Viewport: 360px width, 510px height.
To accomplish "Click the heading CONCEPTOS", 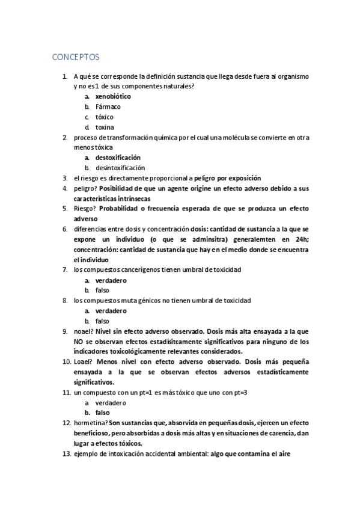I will [76, 57].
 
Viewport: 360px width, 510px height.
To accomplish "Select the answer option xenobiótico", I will [113, 96].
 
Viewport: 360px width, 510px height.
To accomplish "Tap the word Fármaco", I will [108, 106].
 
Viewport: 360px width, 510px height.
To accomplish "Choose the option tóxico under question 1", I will [104, 117].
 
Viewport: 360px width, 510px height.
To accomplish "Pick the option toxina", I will [105, 127].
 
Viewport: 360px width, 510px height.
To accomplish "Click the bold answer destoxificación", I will [118, 158].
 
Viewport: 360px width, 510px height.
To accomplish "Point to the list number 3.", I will [65, 178].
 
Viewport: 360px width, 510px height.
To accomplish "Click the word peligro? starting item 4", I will [85, 188].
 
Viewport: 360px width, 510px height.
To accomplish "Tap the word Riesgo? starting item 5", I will [85, 209].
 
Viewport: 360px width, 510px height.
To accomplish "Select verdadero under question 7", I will [111, 280].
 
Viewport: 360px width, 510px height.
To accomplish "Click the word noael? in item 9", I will [84, 331].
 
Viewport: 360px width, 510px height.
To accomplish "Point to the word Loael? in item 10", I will [84, 362].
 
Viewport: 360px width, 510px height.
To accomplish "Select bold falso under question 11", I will [102, 413].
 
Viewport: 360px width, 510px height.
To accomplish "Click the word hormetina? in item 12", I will [91, 423].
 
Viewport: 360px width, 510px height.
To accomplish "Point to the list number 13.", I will [67, 454].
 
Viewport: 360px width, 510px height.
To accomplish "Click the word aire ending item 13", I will [284, 454].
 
